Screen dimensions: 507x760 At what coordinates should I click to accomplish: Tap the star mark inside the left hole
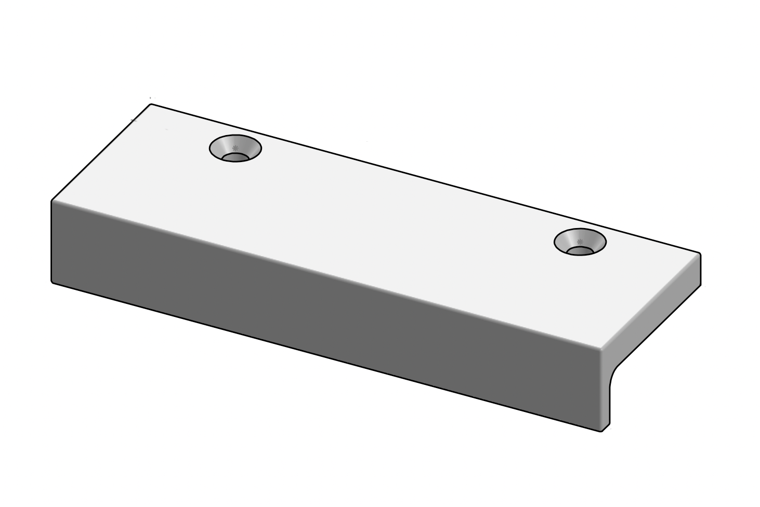tap(235, 148)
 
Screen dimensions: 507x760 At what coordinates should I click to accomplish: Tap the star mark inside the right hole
tap(581, 242)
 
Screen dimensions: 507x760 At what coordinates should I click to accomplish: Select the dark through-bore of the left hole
tap(235, 157)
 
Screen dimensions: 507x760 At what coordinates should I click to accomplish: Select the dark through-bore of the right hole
tap(580, 251)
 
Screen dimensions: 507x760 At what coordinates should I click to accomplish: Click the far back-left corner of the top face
tap(151, 104)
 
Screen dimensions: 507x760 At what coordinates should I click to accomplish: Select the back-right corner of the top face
tap(699, 254)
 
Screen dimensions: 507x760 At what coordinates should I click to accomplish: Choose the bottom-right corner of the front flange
tap(601, 431)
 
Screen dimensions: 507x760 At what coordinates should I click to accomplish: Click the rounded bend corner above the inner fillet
tap(603, 349)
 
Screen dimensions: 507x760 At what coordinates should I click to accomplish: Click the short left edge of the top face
tap(101, 152)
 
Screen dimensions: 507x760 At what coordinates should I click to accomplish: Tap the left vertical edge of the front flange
tap(51, 242)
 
